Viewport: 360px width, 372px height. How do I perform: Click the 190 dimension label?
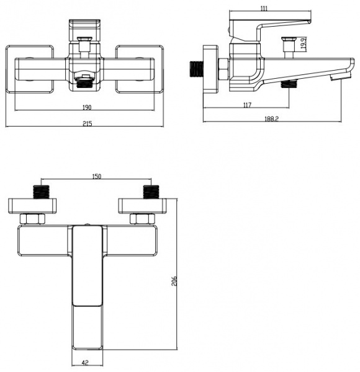click(x=87, y=107)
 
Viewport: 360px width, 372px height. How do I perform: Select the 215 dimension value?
click(x=88, y=123)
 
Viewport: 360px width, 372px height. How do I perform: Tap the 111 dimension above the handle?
click(x=264, y=9)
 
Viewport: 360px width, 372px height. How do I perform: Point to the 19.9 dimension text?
click(x=304, y=43)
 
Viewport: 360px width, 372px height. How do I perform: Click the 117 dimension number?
click(x=247, y=105)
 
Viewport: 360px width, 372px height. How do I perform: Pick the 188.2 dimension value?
click(x=271, y=119)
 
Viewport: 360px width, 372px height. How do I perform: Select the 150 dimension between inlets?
click(x=96, y=176)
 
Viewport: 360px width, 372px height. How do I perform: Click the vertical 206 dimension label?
click(x=174, y=281)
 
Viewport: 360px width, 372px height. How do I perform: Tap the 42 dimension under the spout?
click(x=85, y=363)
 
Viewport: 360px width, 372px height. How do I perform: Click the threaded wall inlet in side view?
click(x=197, y=69)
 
